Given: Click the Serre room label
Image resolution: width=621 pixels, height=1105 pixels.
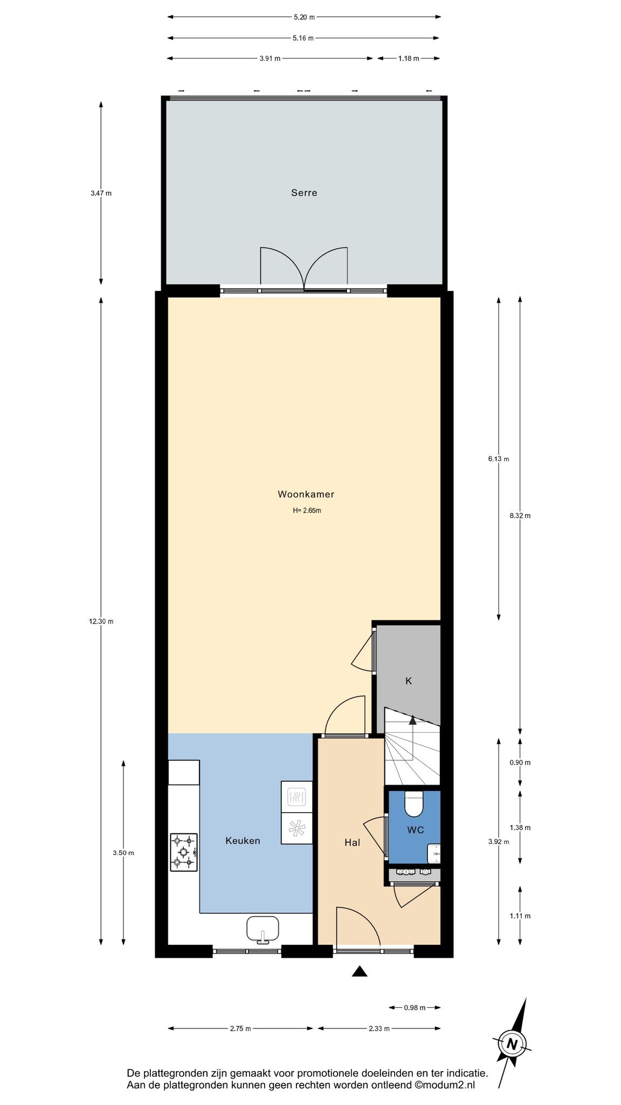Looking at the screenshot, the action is point(304,193).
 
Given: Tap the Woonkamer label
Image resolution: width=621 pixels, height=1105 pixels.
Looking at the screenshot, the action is point(306,494).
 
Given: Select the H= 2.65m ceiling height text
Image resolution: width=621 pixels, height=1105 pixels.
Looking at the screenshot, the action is point(307,510).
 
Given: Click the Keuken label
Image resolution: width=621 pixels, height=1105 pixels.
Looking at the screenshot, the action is point(243,841).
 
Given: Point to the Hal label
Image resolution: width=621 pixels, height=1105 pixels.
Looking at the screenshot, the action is point(352,842).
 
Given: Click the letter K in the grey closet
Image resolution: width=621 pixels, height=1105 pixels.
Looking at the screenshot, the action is point(409,681).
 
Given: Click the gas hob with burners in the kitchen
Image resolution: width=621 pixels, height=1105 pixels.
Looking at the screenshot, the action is point(184,852).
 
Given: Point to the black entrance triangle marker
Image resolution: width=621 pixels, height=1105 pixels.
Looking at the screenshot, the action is point(360,972).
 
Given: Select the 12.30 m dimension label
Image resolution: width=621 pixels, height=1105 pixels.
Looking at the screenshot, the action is point(101,621).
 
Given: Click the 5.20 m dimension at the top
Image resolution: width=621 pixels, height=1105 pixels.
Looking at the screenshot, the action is point(304,17).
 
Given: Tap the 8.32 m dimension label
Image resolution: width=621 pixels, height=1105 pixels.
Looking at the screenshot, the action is point(520,515).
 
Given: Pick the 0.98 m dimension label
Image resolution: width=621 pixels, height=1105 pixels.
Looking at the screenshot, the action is point(415,1007).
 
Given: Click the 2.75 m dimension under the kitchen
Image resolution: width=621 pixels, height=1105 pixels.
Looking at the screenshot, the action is point(240,1028).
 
